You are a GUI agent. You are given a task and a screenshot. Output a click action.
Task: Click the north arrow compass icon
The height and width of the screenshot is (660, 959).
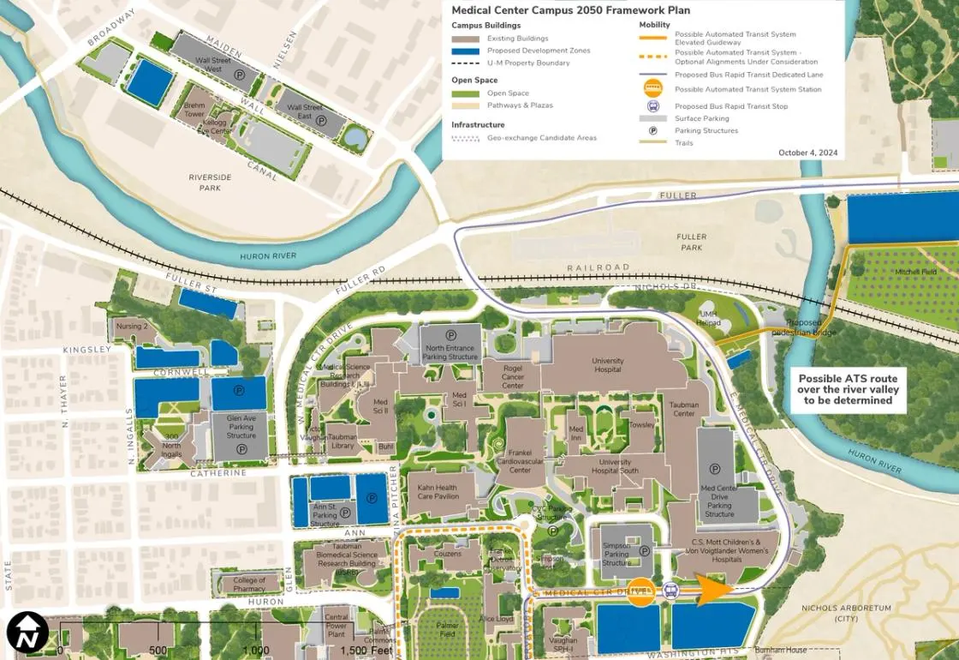[x=27, y=633]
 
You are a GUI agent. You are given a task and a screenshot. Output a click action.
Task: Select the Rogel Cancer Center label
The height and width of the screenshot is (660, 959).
[x=513, y=381]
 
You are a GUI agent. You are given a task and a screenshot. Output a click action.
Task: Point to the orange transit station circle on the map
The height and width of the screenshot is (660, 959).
[x=640, y=591]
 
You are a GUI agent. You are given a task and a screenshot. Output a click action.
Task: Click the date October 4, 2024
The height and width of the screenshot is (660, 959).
[x=807, y=153]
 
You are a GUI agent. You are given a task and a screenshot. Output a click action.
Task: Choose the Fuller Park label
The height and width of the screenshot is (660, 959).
[x=690, y=242]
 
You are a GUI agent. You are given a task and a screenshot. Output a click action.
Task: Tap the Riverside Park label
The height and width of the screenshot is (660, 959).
[x=210, y=182]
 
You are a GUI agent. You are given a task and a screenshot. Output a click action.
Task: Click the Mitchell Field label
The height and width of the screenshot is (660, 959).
[x=916, y=272]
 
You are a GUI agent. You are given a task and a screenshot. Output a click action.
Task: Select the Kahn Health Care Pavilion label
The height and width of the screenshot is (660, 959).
[x=438, y=492]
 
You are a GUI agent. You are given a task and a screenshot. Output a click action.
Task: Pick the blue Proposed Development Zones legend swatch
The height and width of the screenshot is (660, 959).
[x=466, y=51]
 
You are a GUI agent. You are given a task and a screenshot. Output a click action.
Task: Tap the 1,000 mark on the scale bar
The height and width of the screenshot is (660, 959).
[x=255, y=650]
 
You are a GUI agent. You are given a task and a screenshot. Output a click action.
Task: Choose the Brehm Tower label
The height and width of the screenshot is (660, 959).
[x=194, y=110]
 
